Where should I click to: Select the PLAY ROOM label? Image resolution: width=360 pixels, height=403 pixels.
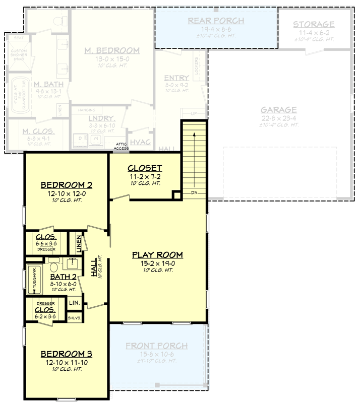tap(157, 254)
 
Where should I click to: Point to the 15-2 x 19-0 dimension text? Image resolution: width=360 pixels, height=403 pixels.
tap(157, 262)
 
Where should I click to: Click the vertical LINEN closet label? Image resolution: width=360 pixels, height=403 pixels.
tap(80, 242)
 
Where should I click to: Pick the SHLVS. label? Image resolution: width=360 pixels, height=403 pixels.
tap(75, 317)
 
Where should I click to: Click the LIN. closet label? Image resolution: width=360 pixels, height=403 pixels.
tap(74, 303)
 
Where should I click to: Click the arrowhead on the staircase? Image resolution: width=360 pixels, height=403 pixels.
tap(194, 133)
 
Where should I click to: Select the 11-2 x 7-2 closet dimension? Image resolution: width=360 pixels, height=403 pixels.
tap(144, 176)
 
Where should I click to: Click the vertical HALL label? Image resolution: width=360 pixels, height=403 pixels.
tap(94, 268)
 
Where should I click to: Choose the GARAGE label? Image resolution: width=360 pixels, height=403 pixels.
tap(278, 110)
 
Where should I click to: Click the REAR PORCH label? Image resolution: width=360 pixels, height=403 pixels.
tap(216, 21)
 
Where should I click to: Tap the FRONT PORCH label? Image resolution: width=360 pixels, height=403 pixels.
tap(156, 346)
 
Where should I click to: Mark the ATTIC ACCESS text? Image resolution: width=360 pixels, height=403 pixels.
tap(121, 146)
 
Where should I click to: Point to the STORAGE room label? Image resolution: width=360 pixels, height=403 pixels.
tap(314, 24)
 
